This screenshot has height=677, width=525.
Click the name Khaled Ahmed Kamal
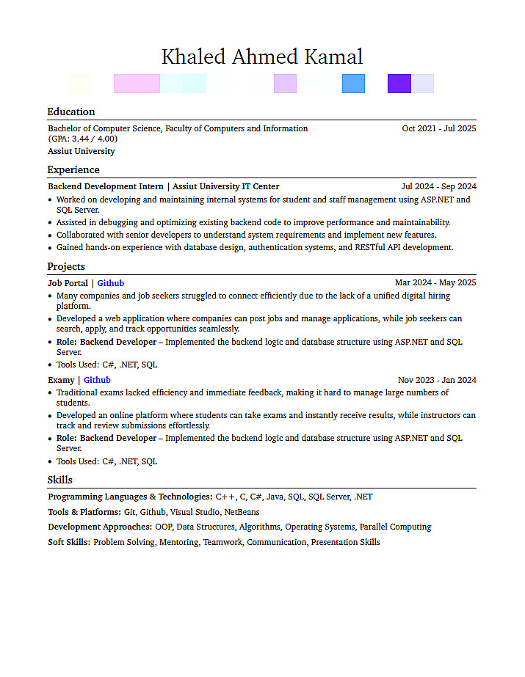pos(262,56)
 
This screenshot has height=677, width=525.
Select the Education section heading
pos(71,111)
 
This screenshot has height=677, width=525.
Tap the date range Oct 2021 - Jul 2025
pos(439,128)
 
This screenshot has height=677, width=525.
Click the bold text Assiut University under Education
pos(82,151)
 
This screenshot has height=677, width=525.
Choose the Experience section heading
pos(73,169)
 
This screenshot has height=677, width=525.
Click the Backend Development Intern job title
pos(106,186)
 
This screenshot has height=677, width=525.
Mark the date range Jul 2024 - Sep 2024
pos(438,186)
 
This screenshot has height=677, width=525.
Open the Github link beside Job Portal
pos(111,283)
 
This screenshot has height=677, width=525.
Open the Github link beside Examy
pos(97,380)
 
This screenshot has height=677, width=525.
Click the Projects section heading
pos(66,266)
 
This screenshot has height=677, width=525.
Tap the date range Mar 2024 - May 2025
pos(435,282)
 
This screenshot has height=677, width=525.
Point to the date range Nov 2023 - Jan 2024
pos(437,380)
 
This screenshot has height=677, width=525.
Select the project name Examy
pos(61,380)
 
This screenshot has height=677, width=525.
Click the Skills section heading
pos(60,480)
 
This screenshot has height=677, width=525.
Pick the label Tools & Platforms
pos(84,512)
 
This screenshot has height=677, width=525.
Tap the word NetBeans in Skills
pos(242,512)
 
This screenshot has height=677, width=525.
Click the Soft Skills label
pos(69,542)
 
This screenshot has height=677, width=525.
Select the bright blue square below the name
pos(353,84)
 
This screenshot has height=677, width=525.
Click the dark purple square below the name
pos(399,84)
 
